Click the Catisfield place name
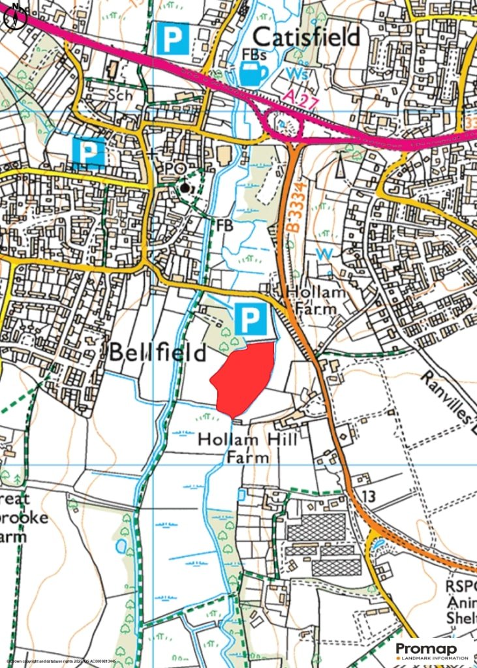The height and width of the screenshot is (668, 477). [307, 37]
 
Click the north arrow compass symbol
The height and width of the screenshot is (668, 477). [12, 17]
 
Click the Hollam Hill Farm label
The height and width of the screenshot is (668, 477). [248, 448]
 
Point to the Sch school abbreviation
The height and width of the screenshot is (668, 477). [121, 95]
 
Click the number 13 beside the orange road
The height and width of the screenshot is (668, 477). [368, 497]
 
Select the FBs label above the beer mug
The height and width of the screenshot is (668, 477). [254, 53]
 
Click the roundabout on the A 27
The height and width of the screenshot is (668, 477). [282, 123]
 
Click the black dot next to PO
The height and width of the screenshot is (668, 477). [186, 188]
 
